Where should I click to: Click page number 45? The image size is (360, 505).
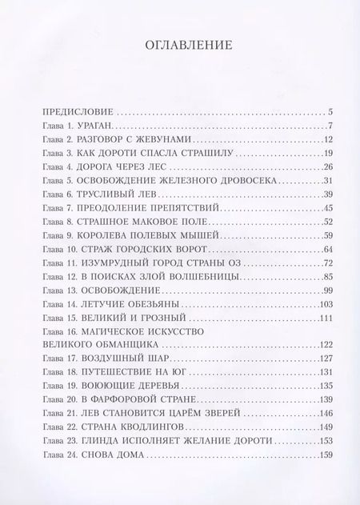pyautogui.click(x=327, y=208)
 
